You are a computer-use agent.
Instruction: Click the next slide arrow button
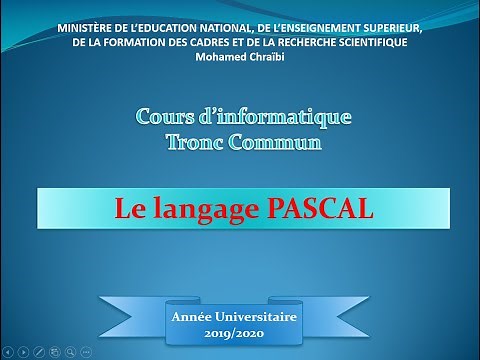pyautogui.click(x=23, y=351)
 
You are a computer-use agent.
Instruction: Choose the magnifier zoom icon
pyautogui.click(x=69, y=351)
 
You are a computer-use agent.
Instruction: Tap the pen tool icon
pyautogui.click(x=38, y=351)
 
